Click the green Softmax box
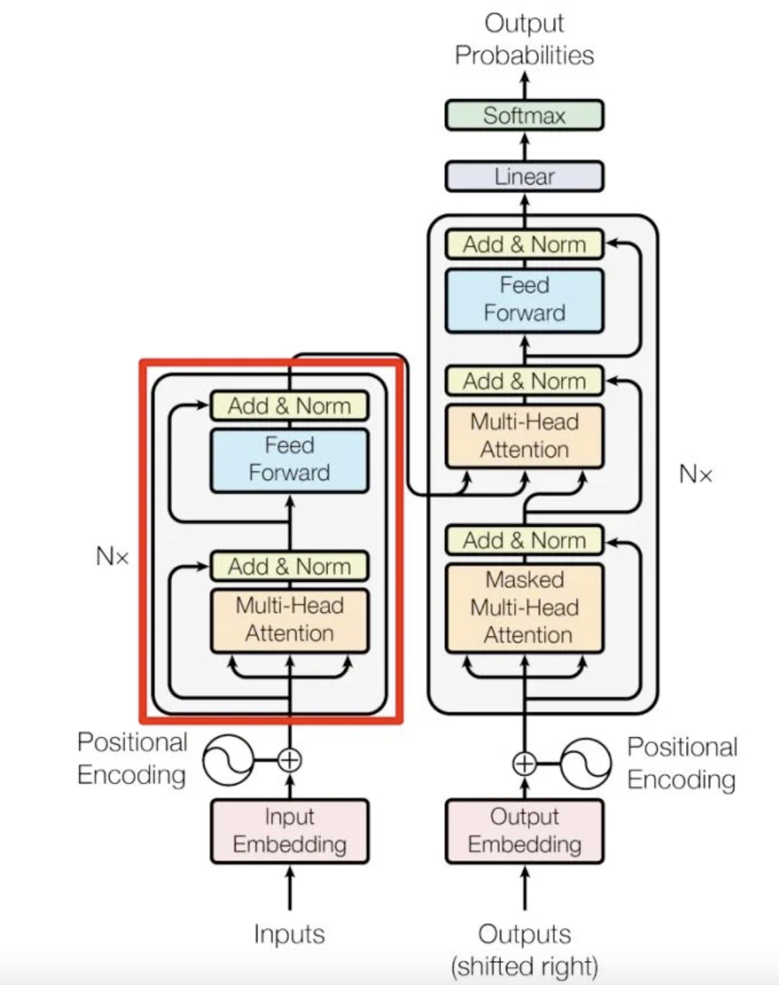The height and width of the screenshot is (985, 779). (524, 115)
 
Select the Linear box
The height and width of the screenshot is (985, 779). (524, 176)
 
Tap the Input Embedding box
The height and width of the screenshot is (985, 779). (290, 831)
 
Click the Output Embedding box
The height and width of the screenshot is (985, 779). (524, 831)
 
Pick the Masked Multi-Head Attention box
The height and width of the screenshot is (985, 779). (524, 608)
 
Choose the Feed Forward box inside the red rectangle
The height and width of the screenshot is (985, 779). (290, 459)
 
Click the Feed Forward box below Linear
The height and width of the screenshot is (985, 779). (524, 300)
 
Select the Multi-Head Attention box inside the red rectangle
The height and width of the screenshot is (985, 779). (290, 620)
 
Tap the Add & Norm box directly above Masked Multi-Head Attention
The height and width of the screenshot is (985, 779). (524, 540)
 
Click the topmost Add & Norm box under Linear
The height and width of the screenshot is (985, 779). (524, 245)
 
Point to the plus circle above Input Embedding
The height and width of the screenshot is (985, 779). (290, 760)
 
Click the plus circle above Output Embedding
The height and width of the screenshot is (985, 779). (525, 763)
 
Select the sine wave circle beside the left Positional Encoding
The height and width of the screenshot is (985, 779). (228, 760)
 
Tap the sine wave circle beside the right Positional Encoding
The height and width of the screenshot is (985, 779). (585, 763)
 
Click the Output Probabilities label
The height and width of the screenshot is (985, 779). (524, 39)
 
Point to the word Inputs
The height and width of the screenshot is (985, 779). (289, 934)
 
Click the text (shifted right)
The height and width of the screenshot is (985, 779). (524, 966)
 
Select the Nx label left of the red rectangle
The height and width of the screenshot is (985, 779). (112, 556)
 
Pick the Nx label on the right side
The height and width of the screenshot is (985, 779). (695, 474)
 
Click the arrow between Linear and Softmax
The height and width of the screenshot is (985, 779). (525, 145)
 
